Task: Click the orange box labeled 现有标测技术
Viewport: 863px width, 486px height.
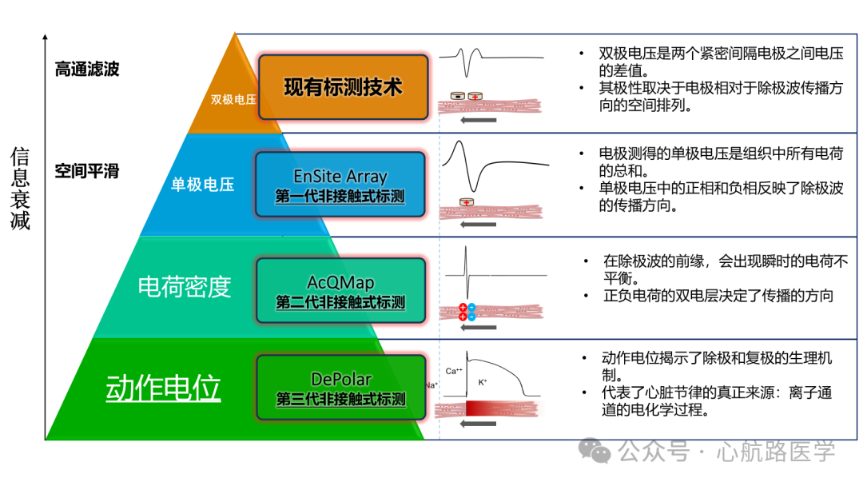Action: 343,86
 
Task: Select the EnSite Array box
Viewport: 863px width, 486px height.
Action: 340,185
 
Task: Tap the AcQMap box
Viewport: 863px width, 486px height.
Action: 340,290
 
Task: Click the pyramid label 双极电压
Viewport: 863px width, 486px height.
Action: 233,99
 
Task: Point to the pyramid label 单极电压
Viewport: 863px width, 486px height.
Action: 203,185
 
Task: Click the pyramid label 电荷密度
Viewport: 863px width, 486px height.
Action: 185,286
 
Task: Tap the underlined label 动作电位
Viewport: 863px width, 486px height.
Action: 163,388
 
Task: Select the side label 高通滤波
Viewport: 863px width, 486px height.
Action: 87,70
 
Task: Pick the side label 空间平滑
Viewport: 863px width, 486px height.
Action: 87,171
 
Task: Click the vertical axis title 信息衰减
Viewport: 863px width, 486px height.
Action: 20,189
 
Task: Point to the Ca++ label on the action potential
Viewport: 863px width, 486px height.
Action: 455,370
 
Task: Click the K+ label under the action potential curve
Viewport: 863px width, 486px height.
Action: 483,382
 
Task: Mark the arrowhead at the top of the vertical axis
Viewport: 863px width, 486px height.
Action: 46,38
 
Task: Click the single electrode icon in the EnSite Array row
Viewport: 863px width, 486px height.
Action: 467,201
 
